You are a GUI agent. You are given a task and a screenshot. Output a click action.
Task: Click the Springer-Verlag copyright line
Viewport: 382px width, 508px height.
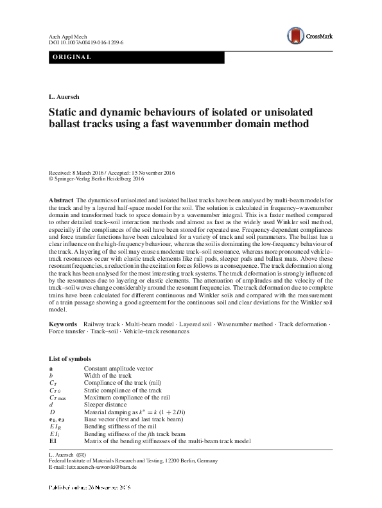(x=97, y=180)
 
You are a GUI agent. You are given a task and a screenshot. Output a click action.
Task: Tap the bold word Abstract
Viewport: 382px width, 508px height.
(x=61, y=201)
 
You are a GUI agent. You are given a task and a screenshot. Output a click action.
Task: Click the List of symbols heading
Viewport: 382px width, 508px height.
(x=70, y=358)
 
